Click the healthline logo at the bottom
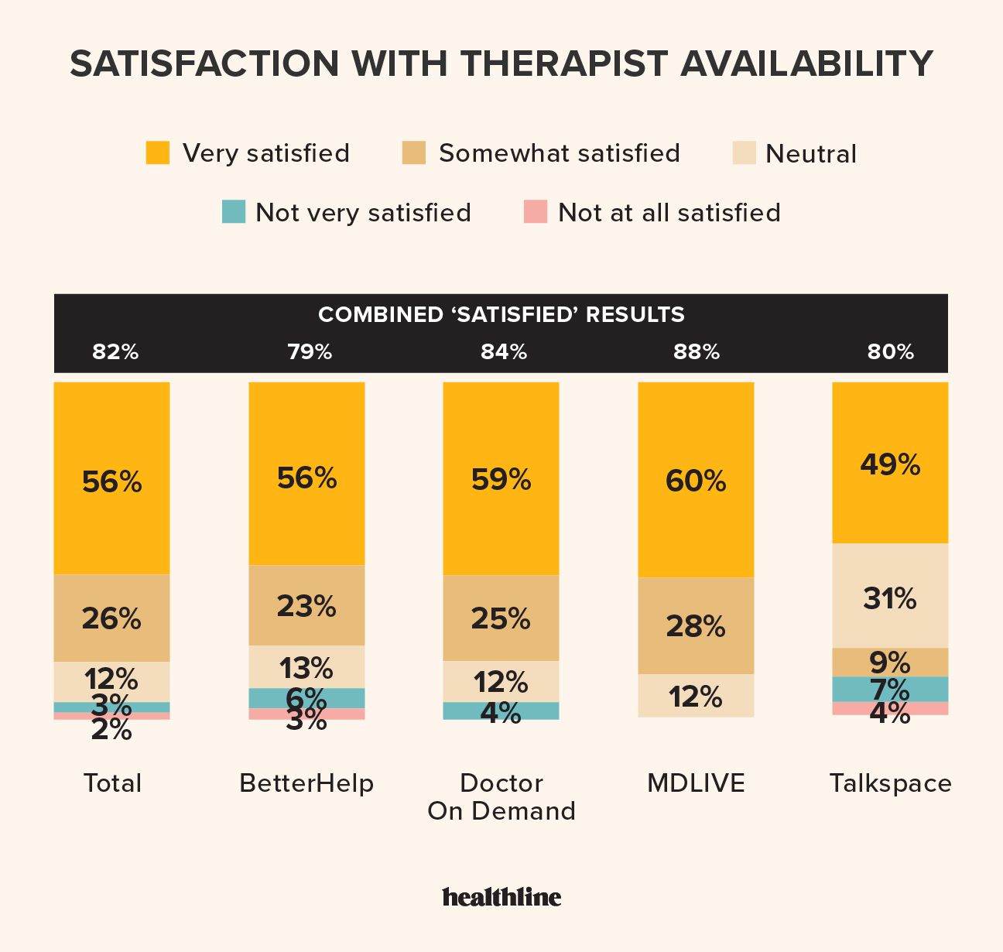point(502,897)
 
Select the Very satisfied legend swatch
point(158,152)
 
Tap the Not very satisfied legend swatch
point(233,211)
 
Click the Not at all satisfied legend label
point(669,212)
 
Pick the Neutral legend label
point(810,154)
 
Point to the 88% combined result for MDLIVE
point(697,352)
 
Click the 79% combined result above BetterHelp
point(310,352)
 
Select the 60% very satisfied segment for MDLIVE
point(696,480)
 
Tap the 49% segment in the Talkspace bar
point(890,463)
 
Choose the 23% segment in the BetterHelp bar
point(306,605)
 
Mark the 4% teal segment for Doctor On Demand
point(501,711)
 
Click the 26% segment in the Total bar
point(111,618)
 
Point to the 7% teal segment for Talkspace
point(890,689)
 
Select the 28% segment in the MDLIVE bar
point(696,625)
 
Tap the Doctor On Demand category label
point(502,796)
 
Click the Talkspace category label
point(890,783)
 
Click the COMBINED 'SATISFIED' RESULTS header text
point(502,314)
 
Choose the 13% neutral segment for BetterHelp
point(306,667)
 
